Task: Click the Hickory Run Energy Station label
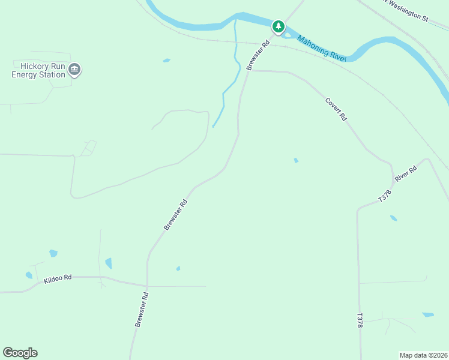point(38,70)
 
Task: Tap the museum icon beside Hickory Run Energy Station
point(74,70)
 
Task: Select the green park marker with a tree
point(278,26)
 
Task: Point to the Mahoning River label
point(322,47)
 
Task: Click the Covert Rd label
point(336,110)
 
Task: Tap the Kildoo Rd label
point(58,278)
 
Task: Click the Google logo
point(20,353)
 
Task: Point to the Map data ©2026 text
point(423,355)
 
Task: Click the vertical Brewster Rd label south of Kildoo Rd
point(140,310)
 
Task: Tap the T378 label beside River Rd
point(384,195)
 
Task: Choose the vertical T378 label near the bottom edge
point(360,320)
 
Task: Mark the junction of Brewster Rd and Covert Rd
point(249,70)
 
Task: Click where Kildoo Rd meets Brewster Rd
point(146,286)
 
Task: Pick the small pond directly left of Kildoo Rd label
point(29,275)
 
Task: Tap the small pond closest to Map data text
point(428,314)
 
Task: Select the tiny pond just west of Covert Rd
point(296,160)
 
